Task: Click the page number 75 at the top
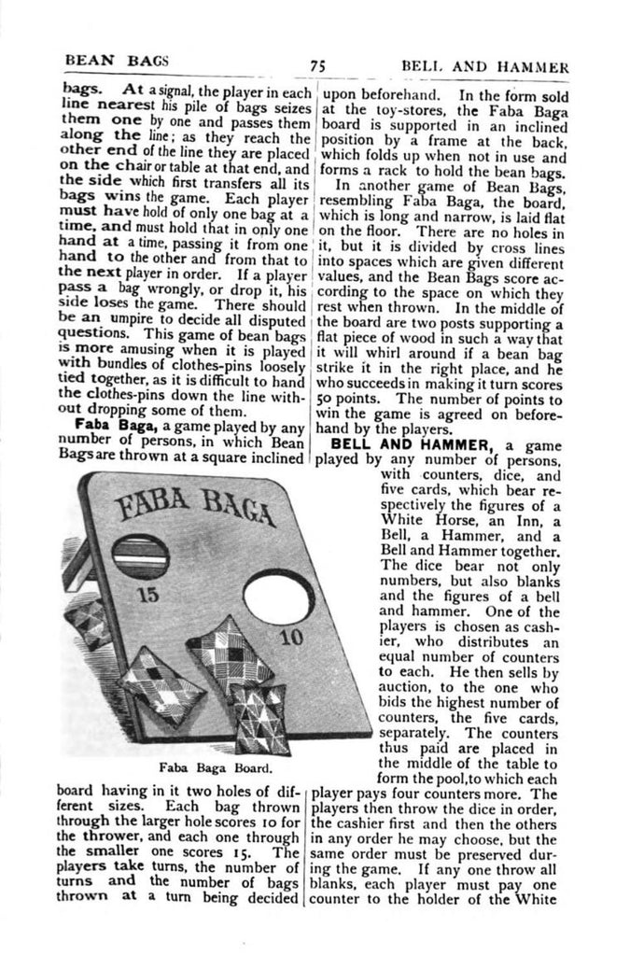[x=317, y=66]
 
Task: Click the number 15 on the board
[x=147, y=594]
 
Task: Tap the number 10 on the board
[x=289, y=640]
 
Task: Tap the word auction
[x=411, y=696]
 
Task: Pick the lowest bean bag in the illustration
[x=262, y=719]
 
